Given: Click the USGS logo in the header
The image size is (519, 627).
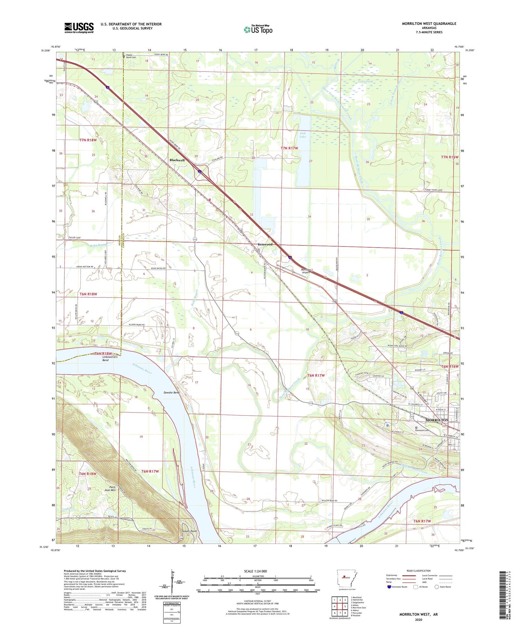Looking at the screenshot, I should point(79,28).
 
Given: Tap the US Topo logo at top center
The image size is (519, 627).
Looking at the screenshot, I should point(258,29).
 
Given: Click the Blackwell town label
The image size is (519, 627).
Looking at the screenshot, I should point(177,160).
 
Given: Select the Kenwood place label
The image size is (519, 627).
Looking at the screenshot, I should point(265,245).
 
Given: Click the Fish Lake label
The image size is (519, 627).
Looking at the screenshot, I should point(303,135).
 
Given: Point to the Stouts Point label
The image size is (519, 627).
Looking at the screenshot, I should point(189,531).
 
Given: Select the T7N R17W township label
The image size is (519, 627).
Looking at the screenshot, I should point(289,148).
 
